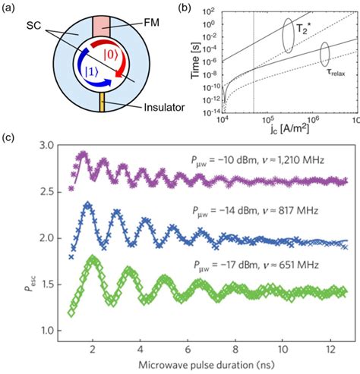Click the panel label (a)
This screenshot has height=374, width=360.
coord(11,9)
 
